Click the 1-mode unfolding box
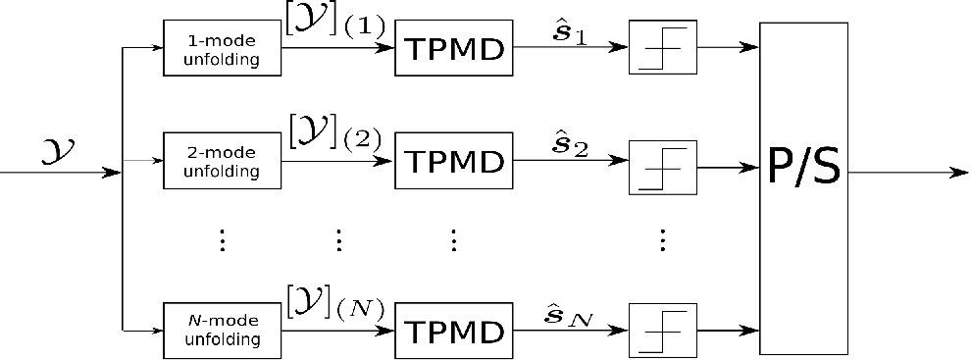click(x=222, y=48)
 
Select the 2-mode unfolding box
click(x=222, y=161)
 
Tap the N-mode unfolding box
click(x=222, y=331)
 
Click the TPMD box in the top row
click(x=454, y=48)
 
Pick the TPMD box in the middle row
click(x=454, y=161)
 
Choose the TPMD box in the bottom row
click(x=454, y=331)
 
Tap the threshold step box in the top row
click(x=663, y=48)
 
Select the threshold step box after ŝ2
click(x=663, y=168)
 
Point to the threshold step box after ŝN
click(x=663, y=331)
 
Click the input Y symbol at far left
click(x=59, y=152)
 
